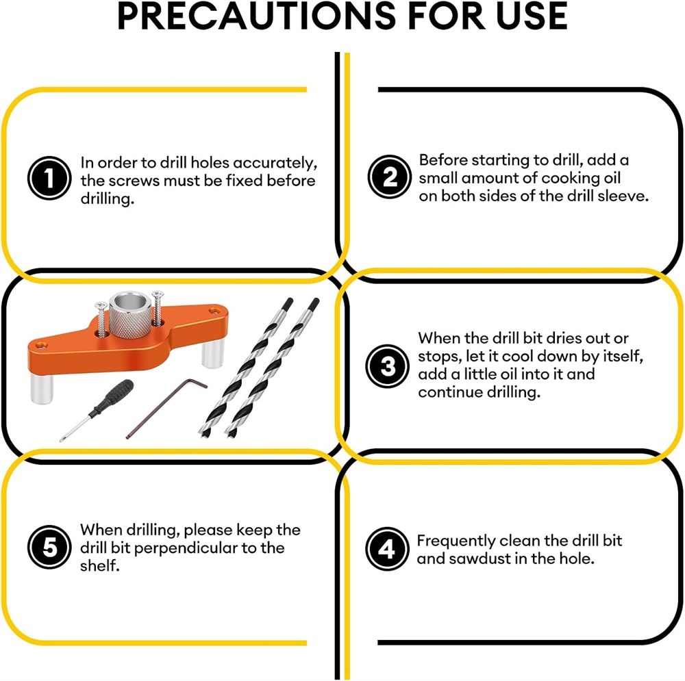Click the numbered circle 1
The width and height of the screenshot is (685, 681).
49,178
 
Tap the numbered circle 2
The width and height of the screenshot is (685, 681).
389,177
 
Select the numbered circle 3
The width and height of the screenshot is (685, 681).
387,365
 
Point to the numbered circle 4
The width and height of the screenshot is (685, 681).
387,549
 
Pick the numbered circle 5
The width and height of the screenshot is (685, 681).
49,547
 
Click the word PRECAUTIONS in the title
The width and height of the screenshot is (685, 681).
256,16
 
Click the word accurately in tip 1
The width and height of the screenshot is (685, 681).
275,164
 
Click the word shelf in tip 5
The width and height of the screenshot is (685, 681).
99,566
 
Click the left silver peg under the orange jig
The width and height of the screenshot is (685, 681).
42,388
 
